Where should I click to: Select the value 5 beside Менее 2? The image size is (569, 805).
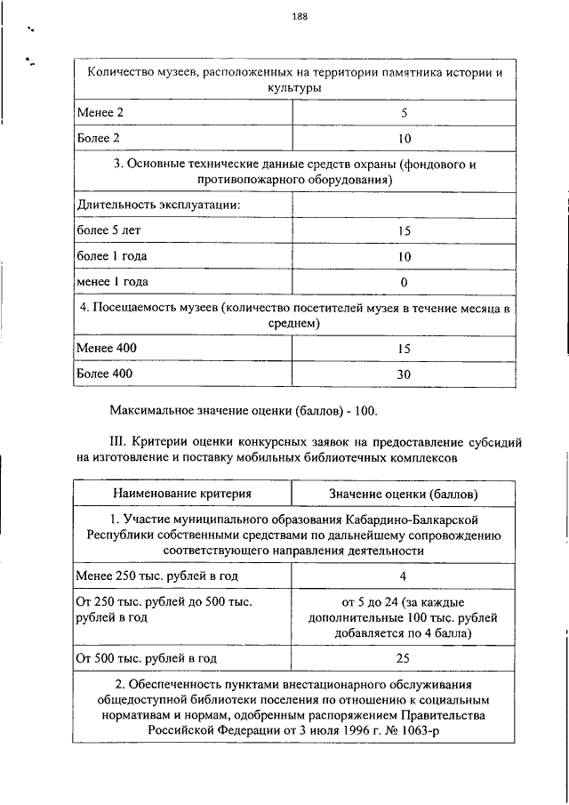(404, 114)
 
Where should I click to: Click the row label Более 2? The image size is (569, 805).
(98, 139)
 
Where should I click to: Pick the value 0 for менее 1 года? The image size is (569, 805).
(404, 283)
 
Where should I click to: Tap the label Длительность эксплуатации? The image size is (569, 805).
(159, 205)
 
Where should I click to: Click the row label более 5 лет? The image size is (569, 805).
(108, 230)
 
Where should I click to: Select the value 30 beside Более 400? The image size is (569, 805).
(404, 374)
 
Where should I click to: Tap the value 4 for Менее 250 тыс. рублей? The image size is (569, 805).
(403, 576)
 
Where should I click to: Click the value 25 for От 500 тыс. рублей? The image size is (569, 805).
(403, 659)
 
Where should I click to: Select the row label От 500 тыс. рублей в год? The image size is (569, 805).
(146, 659)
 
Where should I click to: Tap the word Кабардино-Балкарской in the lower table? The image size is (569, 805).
(421, 518)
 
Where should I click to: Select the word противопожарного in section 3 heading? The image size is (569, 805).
(249, 180)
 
